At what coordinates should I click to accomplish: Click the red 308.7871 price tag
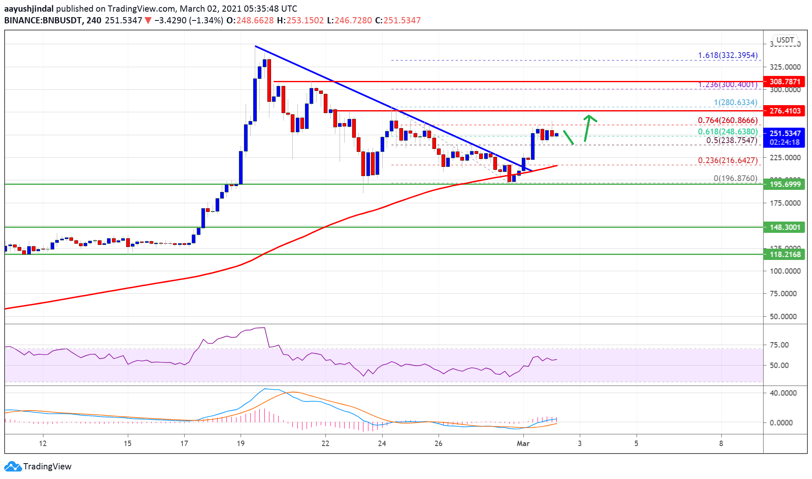(784, 81)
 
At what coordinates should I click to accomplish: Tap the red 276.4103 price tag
(784, 111)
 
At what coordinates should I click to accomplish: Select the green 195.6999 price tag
(784, 184)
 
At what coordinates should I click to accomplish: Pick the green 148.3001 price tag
(784, 227)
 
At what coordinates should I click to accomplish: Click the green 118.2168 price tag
(784, 254)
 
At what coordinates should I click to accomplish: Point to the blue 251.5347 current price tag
(784, 134)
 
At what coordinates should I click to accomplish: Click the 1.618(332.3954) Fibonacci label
(727, 55)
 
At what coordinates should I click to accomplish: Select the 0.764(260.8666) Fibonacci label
(727, 120)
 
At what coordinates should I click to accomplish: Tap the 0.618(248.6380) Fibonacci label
(727, 131)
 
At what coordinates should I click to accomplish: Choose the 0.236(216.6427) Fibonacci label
(727, 160)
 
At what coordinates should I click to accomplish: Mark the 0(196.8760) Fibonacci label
(735, 178)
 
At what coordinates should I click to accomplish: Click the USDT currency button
(785, 40)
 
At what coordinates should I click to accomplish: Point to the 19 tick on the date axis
(241, 443)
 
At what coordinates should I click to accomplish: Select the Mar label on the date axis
(523, 443)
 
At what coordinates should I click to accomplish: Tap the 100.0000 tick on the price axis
(785, 271)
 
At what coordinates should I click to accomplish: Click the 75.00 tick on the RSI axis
(779, 345)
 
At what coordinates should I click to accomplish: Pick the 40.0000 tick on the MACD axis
(783, 393)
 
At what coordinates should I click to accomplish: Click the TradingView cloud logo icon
(13, 466)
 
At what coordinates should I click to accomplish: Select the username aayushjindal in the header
(29, 8)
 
